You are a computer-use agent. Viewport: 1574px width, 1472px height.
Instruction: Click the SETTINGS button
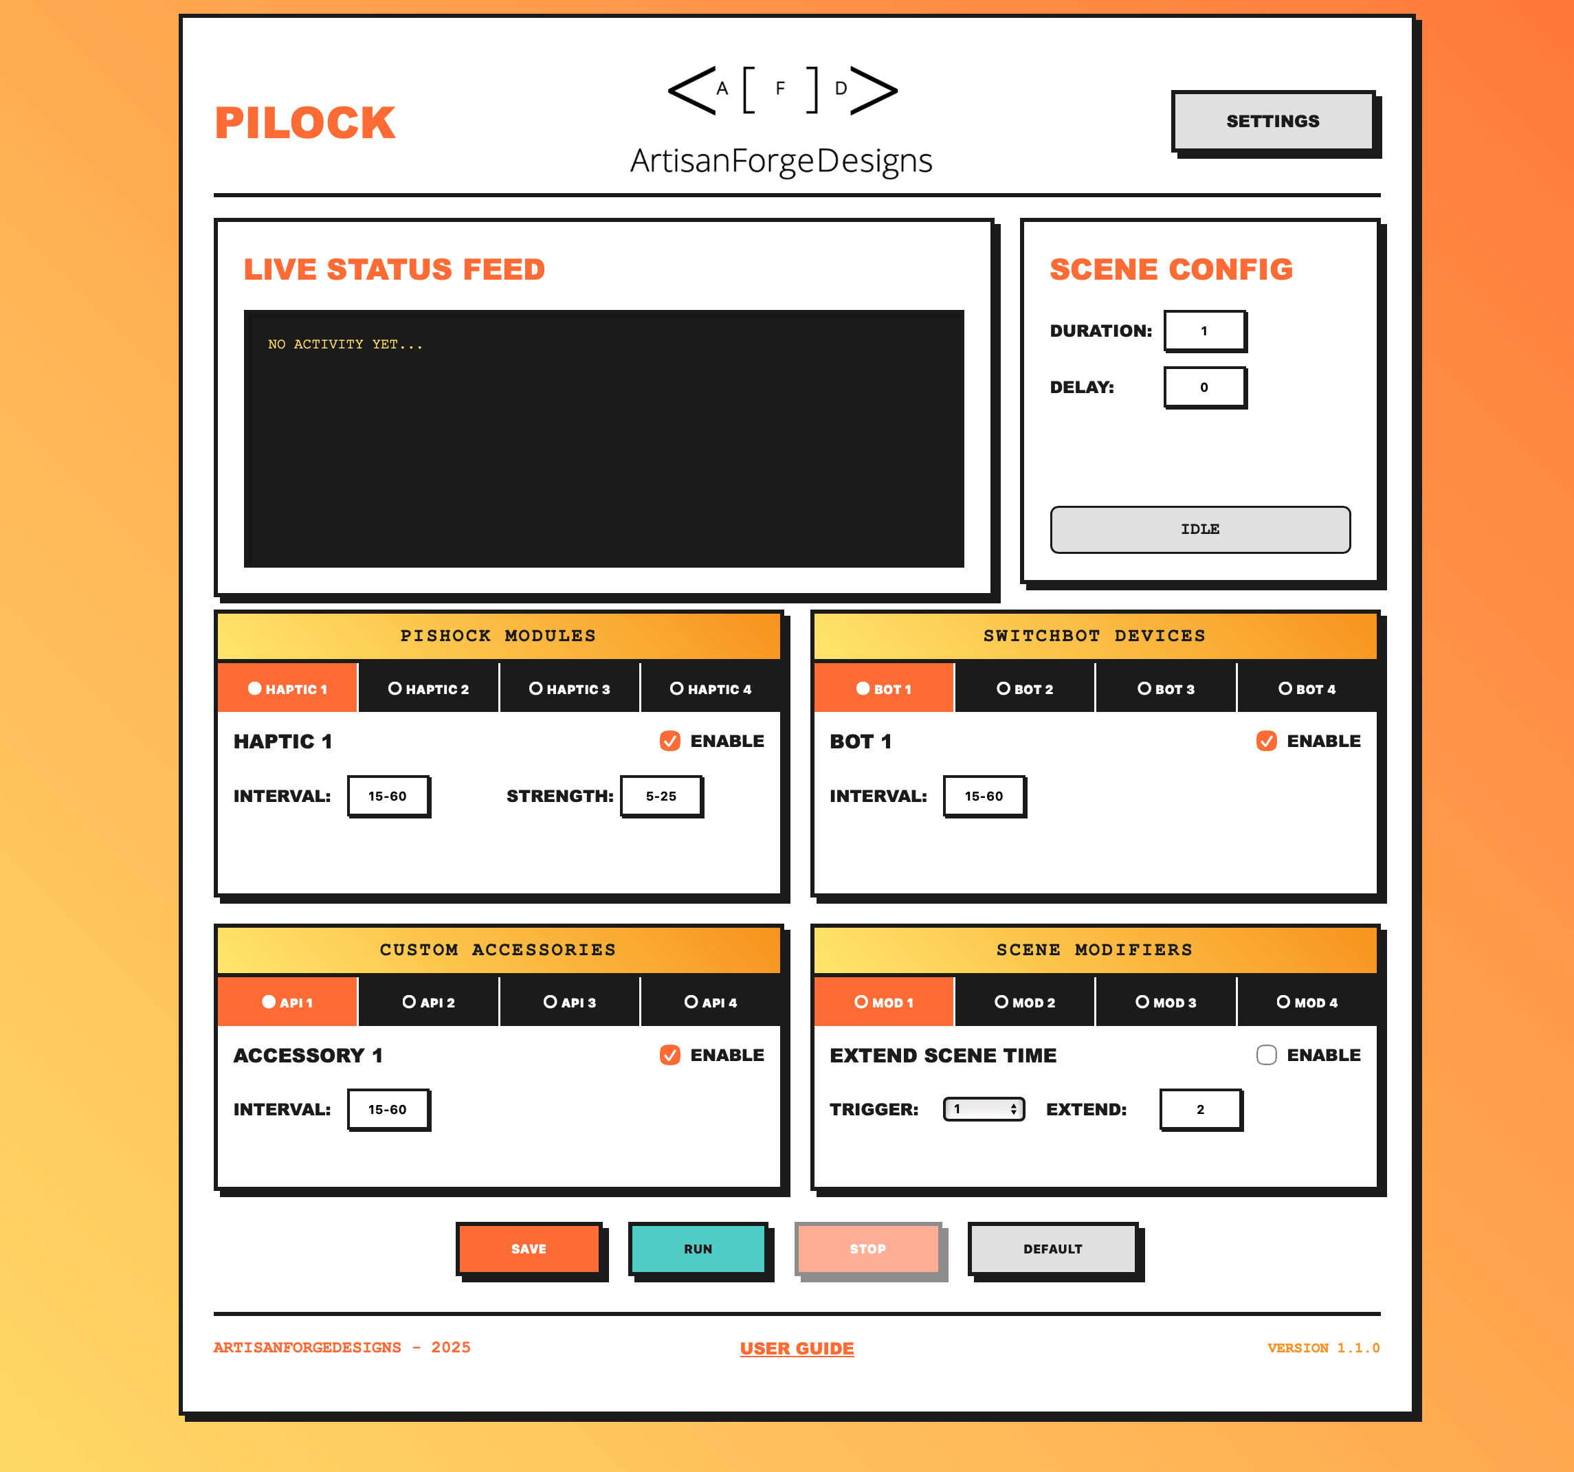[x=1272, y=121]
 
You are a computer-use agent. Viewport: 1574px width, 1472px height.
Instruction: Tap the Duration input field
[x=1204, y=331]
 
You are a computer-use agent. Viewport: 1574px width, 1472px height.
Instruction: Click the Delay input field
[x=1204, y=387]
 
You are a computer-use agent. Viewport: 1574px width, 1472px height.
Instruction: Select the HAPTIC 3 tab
[x=569, y=689]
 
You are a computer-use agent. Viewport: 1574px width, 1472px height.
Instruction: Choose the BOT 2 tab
[x=1025, y=689]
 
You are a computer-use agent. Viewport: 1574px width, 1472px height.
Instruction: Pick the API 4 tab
[x=710, y=1002]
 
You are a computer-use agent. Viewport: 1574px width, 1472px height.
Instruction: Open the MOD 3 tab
[x=1166, y=1002]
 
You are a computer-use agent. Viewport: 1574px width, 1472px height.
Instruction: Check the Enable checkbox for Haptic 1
[x=670, y=741]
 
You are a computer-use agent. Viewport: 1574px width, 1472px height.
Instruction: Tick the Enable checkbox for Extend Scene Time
[x=1266, y=1055]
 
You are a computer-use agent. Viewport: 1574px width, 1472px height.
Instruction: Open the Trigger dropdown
[x=984, y=1108]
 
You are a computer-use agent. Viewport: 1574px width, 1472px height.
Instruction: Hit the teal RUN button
[x=698, y=1249]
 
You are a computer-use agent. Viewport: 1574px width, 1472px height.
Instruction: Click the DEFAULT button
[x=1052, y=1249]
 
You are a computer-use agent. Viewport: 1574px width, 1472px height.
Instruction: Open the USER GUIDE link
[x=797, y=1348]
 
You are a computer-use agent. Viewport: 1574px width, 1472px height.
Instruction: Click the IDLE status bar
[x=1199, y=529]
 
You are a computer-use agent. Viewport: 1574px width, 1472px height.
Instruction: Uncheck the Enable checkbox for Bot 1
[x=1266, y=741]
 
